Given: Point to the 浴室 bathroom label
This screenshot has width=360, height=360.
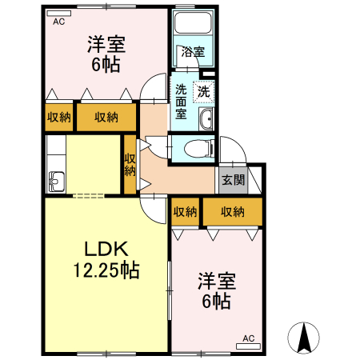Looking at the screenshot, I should (192, 53).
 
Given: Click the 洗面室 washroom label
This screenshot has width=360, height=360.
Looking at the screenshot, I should (182, 102).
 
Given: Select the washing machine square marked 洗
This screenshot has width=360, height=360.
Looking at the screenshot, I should (204, 91).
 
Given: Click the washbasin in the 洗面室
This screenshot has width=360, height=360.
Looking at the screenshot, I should (206, 120).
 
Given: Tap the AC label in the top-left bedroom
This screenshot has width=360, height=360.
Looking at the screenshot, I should (58, 22).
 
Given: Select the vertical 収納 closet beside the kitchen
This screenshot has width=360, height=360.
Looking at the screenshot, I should (130, 164).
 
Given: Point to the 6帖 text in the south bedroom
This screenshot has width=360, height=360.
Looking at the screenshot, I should (216, 302).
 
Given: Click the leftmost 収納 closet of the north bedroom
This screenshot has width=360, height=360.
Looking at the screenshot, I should (58, 117).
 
